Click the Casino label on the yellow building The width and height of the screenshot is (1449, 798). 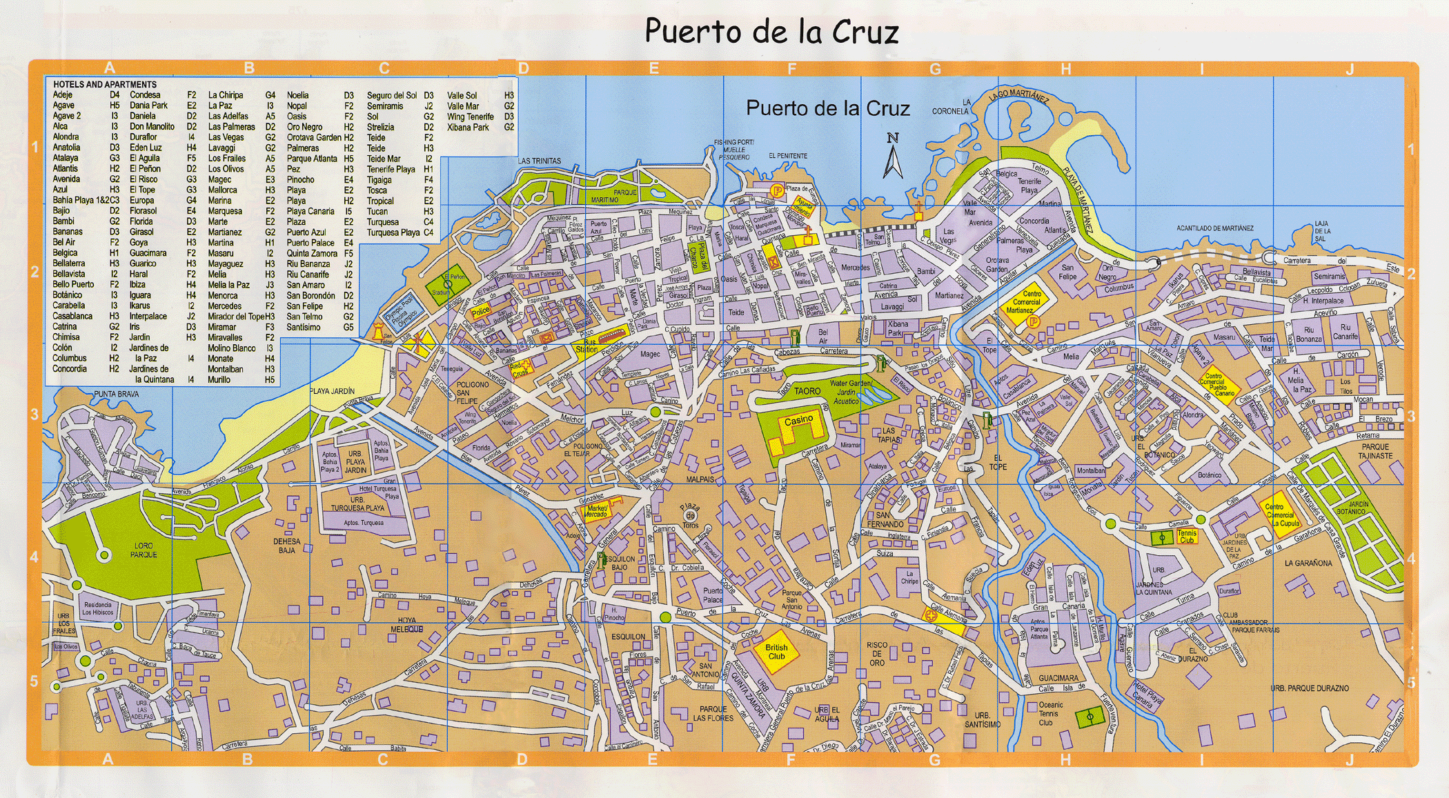coord(798,420)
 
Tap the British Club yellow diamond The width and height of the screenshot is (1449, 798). coord(776,652)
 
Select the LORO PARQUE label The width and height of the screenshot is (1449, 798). coord(144,550)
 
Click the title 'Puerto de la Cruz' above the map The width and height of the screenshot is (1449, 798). coord(771,32)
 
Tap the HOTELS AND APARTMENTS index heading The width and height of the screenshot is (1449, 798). coord(105,84)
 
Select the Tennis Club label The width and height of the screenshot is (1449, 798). coord(1187,537)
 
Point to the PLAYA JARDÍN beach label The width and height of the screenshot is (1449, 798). coord(332,391)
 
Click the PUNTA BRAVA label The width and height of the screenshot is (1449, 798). coord(116,394)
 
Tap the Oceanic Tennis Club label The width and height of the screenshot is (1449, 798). coord(1050,714)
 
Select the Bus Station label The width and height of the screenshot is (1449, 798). coord(586,346)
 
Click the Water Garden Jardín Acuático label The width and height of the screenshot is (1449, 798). coord(850,392)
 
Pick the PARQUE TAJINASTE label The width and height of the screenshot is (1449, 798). coord(1375,451)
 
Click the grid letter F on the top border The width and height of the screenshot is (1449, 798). coord(791,68)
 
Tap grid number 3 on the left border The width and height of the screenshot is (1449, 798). coord(34,415)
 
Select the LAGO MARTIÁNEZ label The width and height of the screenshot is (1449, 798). coord(1018,96)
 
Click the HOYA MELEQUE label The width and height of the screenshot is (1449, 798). coord(407,624)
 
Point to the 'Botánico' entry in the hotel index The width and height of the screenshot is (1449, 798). coord(68,295)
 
